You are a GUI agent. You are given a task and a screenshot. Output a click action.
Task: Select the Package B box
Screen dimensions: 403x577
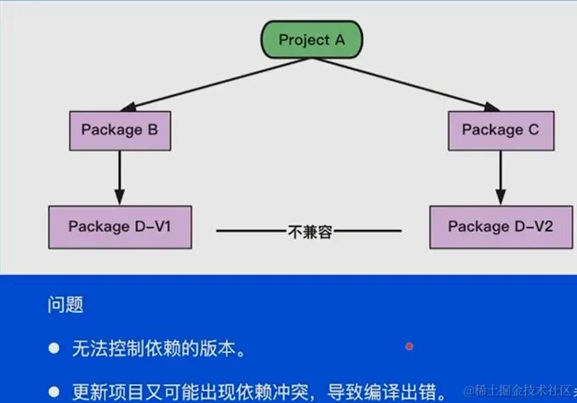click(x=120, y=130)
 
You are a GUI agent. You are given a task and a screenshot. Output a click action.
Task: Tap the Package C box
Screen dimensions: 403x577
click(x=500, y=130)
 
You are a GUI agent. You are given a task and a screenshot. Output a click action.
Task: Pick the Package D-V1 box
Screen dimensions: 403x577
click(x=119, y=226)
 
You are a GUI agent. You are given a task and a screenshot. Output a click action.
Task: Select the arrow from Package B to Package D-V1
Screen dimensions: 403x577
click(x=119, y=178)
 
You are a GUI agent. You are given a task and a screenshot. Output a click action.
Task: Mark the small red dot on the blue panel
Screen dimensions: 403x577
click(x=410, y=346)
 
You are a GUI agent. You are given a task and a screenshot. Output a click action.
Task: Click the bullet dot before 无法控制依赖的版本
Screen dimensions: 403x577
click(x=54, y=349)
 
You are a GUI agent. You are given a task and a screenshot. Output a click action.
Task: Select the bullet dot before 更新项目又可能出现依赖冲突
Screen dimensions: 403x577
click(x=54, y=393)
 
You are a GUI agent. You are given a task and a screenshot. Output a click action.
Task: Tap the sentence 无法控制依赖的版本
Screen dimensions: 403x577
click(x=161, y=349)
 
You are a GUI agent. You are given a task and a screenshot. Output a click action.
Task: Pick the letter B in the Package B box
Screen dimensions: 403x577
click(x=152, y=130)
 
